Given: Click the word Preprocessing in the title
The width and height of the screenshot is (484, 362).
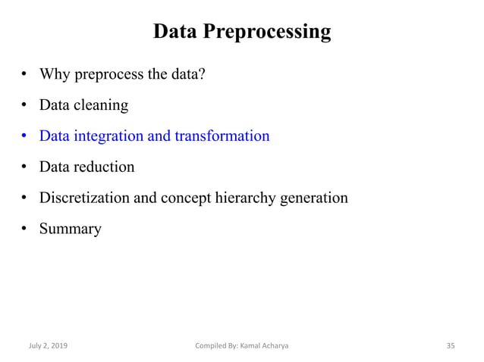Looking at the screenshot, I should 269,32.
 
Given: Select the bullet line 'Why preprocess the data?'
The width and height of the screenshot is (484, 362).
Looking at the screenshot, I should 122,74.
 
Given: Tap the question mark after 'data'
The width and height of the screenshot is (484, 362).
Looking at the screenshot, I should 202,74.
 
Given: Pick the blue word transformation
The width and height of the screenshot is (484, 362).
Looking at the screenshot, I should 222,136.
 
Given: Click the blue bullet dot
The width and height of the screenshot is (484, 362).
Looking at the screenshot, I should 25,137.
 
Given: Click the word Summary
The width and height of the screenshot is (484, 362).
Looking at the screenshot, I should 70,229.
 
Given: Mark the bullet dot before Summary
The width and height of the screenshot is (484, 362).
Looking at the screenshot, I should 25,229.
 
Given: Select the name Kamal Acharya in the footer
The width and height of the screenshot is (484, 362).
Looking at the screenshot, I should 265,345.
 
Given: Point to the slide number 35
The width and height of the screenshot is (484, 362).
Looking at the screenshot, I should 450,345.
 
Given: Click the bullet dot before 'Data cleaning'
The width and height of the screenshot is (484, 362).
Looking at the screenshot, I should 25,106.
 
